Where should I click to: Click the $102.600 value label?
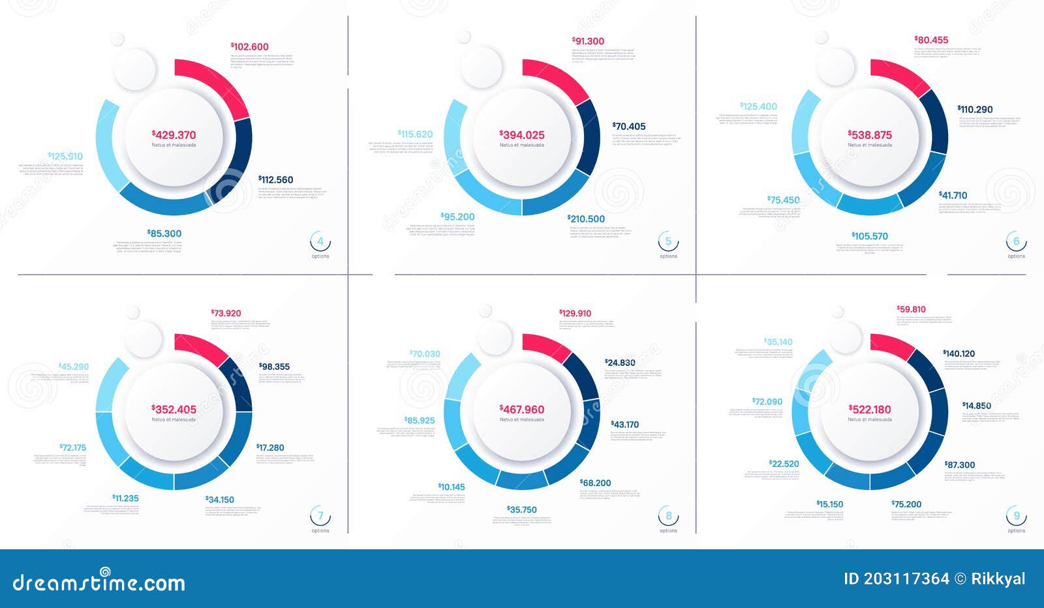[250, 47]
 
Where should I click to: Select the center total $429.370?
[174, 135]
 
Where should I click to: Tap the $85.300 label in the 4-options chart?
[164, 234]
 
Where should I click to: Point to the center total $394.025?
[522, 135]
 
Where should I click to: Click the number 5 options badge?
[668, 242]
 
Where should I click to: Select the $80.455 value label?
[931, 40]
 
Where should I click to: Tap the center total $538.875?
[870, 135]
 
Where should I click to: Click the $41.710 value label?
[953, 195]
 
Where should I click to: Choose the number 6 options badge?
[1016, 242]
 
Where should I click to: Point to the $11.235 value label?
[125, 498]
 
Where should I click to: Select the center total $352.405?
[174, 410]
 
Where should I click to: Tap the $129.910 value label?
[576, 313]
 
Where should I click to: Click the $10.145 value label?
[452, 487]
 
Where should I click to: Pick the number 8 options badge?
[668, 517]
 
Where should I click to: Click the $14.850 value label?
[977, 406]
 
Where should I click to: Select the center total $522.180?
[870, 410]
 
